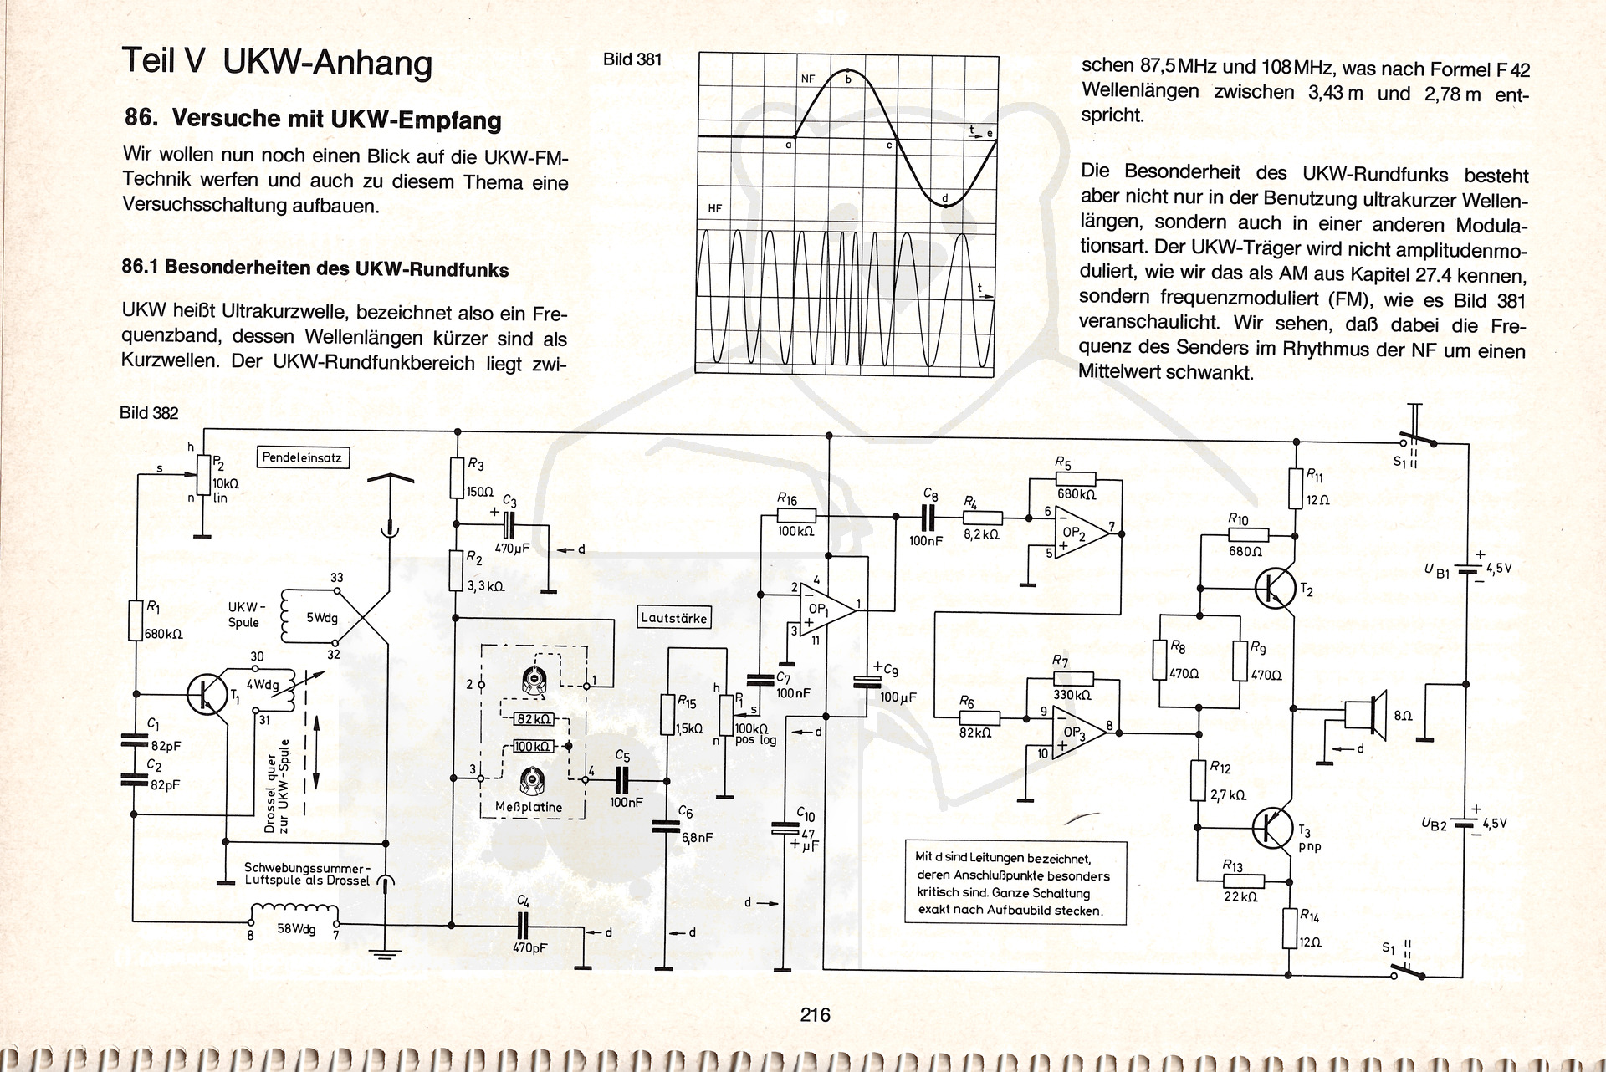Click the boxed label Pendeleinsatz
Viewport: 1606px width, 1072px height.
[302, 457]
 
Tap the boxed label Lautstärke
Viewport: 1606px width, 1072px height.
[673, 619]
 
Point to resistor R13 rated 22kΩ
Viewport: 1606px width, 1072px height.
[1243, 881]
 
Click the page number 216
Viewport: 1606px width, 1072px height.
[815, 1015]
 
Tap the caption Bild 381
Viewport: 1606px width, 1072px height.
[632, 59]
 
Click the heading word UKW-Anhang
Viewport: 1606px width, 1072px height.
[328, 63]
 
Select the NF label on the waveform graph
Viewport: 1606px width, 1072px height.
[807, 79]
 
